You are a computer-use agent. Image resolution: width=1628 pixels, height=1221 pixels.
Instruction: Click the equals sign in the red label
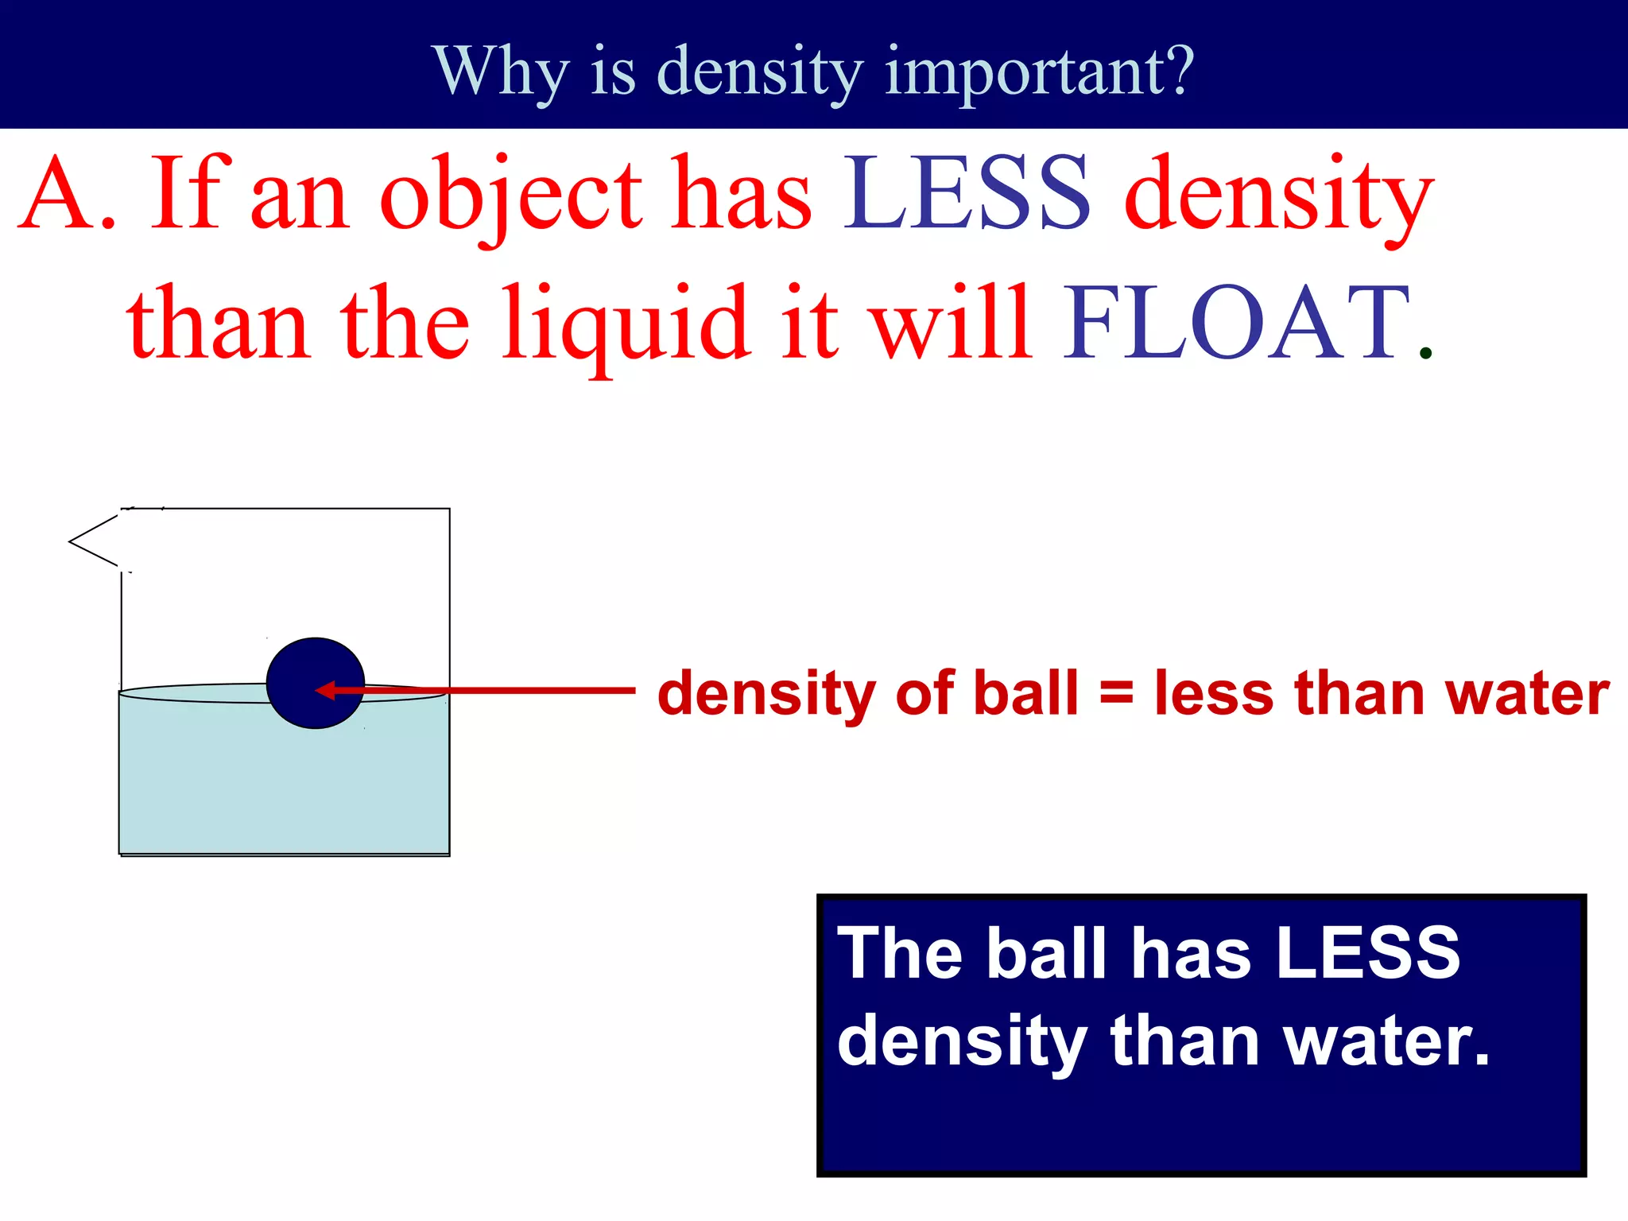(x=1116, y=692)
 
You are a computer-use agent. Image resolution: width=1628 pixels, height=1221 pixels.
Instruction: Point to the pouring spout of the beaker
(x=87, y=541)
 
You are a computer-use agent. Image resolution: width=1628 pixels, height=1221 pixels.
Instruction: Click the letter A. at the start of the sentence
(x=68, y=195)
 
